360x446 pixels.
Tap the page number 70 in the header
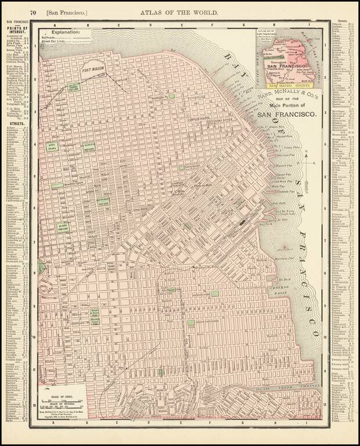(34, 12)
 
